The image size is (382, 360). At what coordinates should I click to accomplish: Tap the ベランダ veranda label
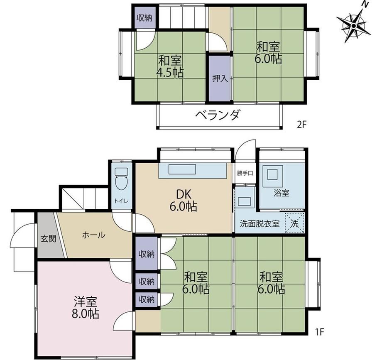(218, 115)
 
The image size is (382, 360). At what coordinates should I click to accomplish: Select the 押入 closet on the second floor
(220, 78)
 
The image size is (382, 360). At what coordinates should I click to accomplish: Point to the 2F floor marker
(301, 125)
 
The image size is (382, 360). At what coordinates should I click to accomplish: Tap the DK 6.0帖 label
(183, 201)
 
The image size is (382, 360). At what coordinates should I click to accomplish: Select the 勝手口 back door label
(245, 174)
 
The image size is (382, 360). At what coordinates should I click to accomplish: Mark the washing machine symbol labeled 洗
(295, 223)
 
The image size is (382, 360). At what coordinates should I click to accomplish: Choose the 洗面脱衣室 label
(259, 224)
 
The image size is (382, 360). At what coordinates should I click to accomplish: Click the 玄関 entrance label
(48, 238)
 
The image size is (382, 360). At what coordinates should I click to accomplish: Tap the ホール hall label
(94, 235)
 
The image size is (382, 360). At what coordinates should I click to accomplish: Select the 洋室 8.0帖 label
(85, 307)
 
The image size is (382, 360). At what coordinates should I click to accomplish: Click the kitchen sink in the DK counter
(182, 169)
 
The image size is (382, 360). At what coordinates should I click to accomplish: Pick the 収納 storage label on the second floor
(144, 18)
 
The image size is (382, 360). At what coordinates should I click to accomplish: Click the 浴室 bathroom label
(282, 193)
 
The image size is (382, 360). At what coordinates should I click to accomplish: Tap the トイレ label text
(121, 201)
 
